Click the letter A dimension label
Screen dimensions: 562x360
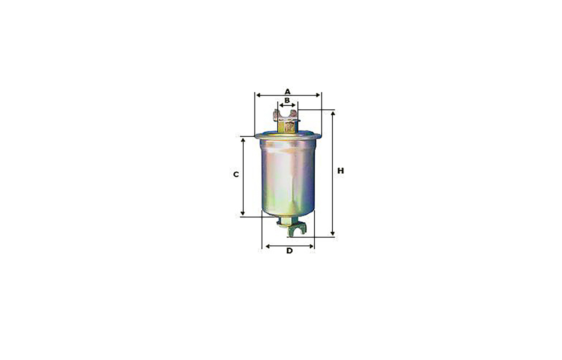click(288, 91)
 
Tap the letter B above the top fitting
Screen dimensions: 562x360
click(287, 100)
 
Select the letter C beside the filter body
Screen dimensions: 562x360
click(236, 174)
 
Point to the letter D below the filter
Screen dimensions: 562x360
click(290, 251)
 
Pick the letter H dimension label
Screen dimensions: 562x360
click(340, 171)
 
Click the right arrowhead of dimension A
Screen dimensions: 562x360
click(318, 95)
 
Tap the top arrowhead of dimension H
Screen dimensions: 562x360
click(333, 114)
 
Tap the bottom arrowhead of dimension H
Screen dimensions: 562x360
click(333, 233)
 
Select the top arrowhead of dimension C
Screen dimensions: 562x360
click(243, 140)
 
